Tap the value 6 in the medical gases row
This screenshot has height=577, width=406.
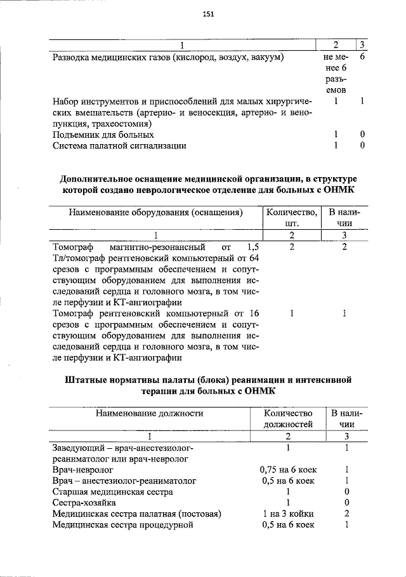[x=361, y=58]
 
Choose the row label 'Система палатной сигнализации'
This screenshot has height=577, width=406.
[x=119, y=146]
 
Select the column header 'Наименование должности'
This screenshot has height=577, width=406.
[x=149, y=413]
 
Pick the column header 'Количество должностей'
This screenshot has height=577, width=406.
[x=289, y=419]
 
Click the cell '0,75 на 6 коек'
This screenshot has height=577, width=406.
[x=289, y=470]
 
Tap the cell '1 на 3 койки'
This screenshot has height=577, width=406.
[x=289, y=514]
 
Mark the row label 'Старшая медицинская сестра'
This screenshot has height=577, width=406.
[x=112, y=492]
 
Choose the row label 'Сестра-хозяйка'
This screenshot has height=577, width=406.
[x=84, y=503]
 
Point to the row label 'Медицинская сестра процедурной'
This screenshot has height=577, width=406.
[x=122, y=525]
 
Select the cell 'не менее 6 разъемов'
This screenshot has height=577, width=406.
[x=334, y=74]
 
